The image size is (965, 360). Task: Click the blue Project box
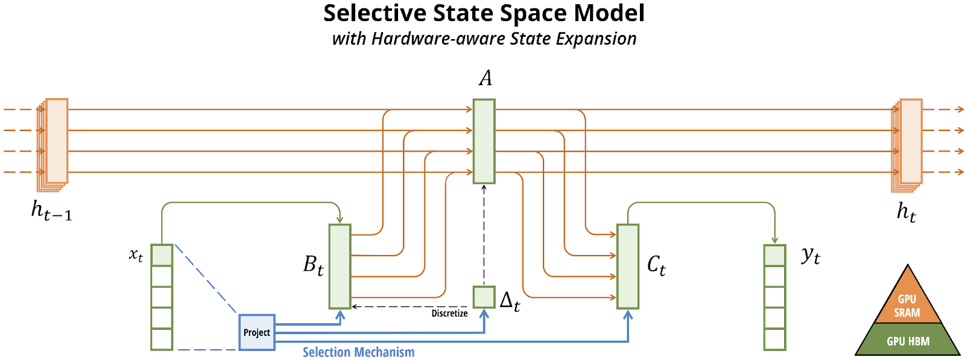257,332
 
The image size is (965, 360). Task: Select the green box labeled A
484,141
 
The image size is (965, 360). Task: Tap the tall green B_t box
340,267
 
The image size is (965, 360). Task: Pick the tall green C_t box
628,267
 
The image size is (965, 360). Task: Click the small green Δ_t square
484,297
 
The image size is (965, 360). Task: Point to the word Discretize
449,314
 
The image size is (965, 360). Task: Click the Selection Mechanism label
358,352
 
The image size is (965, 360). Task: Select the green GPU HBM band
908,339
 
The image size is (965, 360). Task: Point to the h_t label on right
906,212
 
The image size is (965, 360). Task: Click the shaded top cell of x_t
162,255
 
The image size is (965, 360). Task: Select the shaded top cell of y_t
774,255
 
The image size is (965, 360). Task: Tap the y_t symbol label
811,256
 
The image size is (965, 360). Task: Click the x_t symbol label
136,255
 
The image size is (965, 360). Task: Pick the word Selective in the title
375,13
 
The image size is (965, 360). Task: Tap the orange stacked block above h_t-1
52,145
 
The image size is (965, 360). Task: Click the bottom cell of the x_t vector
162,339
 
